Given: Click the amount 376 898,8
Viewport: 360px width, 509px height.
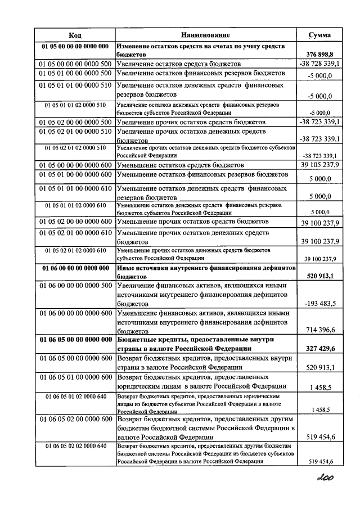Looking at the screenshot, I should pos(320,55).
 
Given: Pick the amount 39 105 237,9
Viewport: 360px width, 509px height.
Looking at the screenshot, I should pos(319,166).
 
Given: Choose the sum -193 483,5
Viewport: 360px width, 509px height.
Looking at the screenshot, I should pos(320,303).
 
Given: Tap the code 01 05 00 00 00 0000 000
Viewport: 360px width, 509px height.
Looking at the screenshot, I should pos(75,46).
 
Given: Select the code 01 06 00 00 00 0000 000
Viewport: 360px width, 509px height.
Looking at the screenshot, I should pos(75,268).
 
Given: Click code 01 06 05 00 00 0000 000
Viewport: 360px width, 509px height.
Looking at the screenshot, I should pos(75,340).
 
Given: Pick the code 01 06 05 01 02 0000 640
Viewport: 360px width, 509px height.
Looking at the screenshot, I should pos(75,397).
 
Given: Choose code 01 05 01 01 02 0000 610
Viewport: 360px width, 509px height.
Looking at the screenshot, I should pos(75,206).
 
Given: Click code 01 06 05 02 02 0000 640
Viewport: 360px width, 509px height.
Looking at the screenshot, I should pos(75,446).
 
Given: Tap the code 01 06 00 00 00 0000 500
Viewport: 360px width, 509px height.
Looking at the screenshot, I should pos(75,286).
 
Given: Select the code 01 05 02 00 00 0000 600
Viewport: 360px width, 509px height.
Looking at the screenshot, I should pos(75,223).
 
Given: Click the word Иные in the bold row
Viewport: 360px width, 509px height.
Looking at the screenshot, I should pos(127,268).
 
